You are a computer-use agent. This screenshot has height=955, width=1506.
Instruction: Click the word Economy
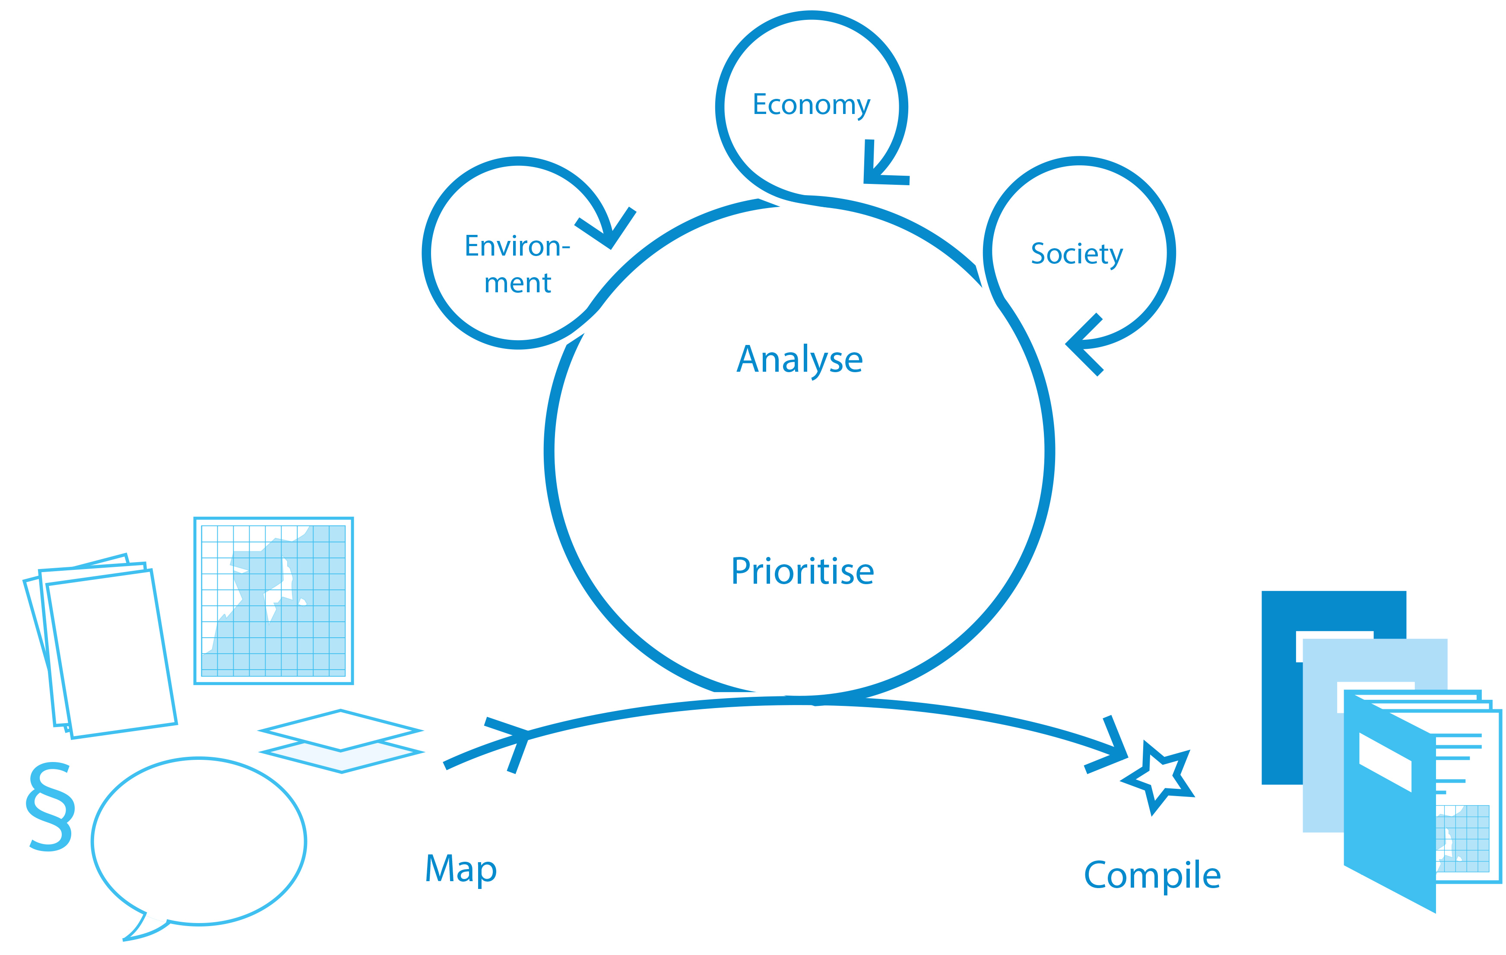811,105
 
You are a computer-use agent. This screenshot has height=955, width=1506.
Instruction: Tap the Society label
1076,254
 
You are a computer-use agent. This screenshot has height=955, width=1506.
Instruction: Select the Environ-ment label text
517,264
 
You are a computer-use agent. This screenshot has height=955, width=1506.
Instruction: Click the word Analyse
799,360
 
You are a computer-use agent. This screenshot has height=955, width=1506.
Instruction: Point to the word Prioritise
802,571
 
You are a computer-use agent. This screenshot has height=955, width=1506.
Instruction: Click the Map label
461,868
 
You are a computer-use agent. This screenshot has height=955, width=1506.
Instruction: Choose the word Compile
1152,875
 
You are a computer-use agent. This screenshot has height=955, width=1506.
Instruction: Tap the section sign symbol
50,806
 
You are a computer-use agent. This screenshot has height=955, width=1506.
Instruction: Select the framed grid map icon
274,601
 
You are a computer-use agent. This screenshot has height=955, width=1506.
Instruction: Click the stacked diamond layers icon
342,741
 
